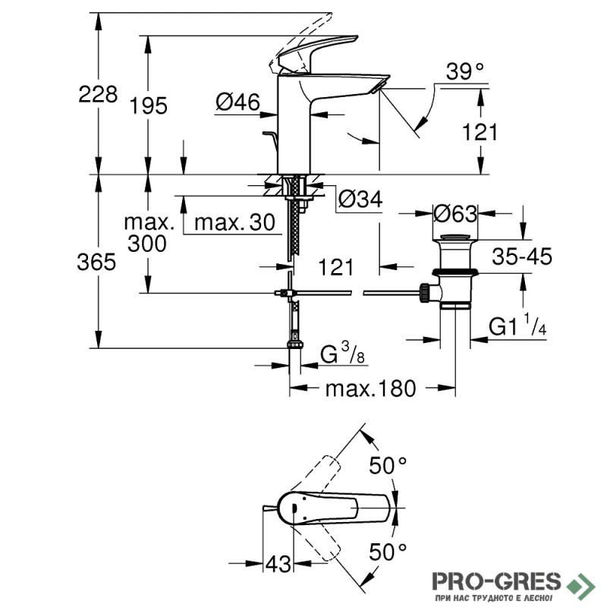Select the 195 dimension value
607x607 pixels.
148,105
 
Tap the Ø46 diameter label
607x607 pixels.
237,101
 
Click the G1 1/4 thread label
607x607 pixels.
517,326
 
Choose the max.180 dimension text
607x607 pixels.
371,389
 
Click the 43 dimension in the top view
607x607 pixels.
278,564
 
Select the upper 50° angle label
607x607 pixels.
389,465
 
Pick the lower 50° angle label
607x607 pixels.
389,549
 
